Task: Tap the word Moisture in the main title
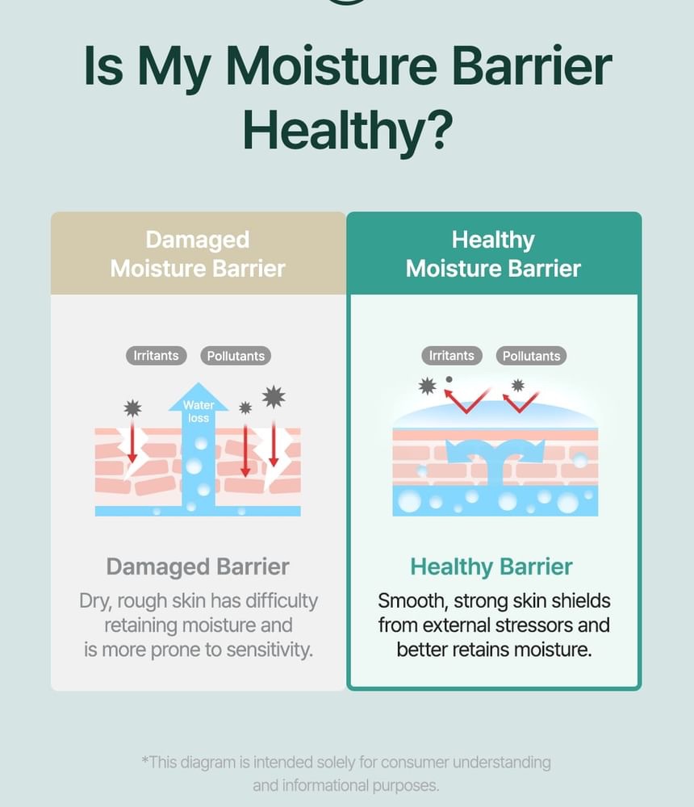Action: click(x=331, y=66)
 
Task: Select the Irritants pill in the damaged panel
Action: click(x=156, y=356)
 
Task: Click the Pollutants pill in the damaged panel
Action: click(x=236, y=356)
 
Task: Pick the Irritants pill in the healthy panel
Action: click(x=452, y=356)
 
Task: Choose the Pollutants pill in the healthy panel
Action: click(x=531, y=356)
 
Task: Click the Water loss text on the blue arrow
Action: click(x=199, y=412)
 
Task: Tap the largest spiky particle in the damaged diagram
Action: click(x=274, y=397)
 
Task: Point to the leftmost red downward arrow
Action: click(x=132, y=441)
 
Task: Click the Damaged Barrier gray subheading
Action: click(x=198, y=567)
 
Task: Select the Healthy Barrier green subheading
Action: click(x=491, y=567)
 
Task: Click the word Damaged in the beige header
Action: click(x=198, y=240)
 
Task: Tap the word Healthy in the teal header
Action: click(x=493, y=240)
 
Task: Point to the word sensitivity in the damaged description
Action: click(x=270, y=650)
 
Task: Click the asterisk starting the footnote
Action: click(x=145, y=760)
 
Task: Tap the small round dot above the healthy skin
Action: click(x=449, y=379)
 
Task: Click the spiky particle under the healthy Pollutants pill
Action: click(x=518, y=386)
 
